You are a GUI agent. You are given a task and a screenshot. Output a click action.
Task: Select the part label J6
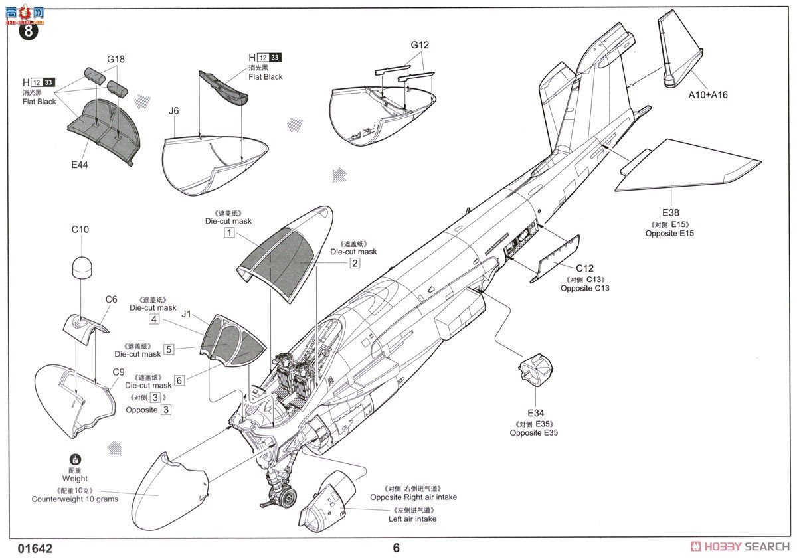point(173,111)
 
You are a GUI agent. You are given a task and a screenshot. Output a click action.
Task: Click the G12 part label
point(420,45)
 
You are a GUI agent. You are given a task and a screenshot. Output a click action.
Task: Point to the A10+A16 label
point(707,95)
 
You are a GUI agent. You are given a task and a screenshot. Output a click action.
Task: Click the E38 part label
point(670,212)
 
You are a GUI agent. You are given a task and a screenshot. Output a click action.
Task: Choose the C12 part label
point(584,268)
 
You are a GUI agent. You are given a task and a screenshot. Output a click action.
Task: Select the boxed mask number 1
point(229,233)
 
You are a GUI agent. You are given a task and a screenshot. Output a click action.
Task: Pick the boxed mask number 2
point(355,264)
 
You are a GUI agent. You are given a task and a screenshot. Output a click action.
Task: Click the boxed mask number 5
point(169,349)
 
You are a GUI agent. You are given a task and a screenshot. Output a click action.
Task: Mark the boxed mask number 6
point(179,381)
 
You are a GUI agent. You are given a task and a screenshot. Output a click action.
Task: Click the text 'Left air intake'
point(412,519)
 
